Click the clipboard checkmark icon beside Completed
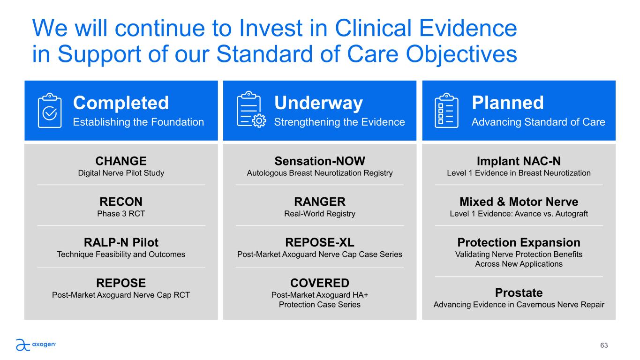[x=50, y=110]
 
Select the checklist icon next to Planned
[x=446, y=110]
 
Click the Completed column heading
[x=121, y=103]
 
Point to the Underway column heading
[x=318, y=103]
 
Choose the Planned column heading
[x=508, y=102]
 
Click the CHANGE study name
[x=121, y=161]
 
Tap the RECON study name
[x=121, y=202]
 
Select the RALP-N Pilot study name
[x=121, y=242]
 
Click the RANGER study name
[x=320, y=202]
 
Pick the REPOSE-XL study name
[x=320, y=242]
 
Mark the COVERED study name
[x=320, y=283]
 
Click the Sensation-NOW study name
[x=320, y=161]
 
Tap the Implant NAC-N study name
[x=519, y=161]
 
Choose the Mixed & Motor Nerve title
[x=519, y=202]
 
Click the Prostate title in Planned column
[x=519, y=292]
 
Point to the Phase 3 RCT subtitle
[x=121, y=214]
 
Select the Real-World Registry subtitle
[x=320, y=214]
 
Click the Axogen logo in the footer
[x=36, y=345]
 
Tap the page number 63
[x=604, y=345]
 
